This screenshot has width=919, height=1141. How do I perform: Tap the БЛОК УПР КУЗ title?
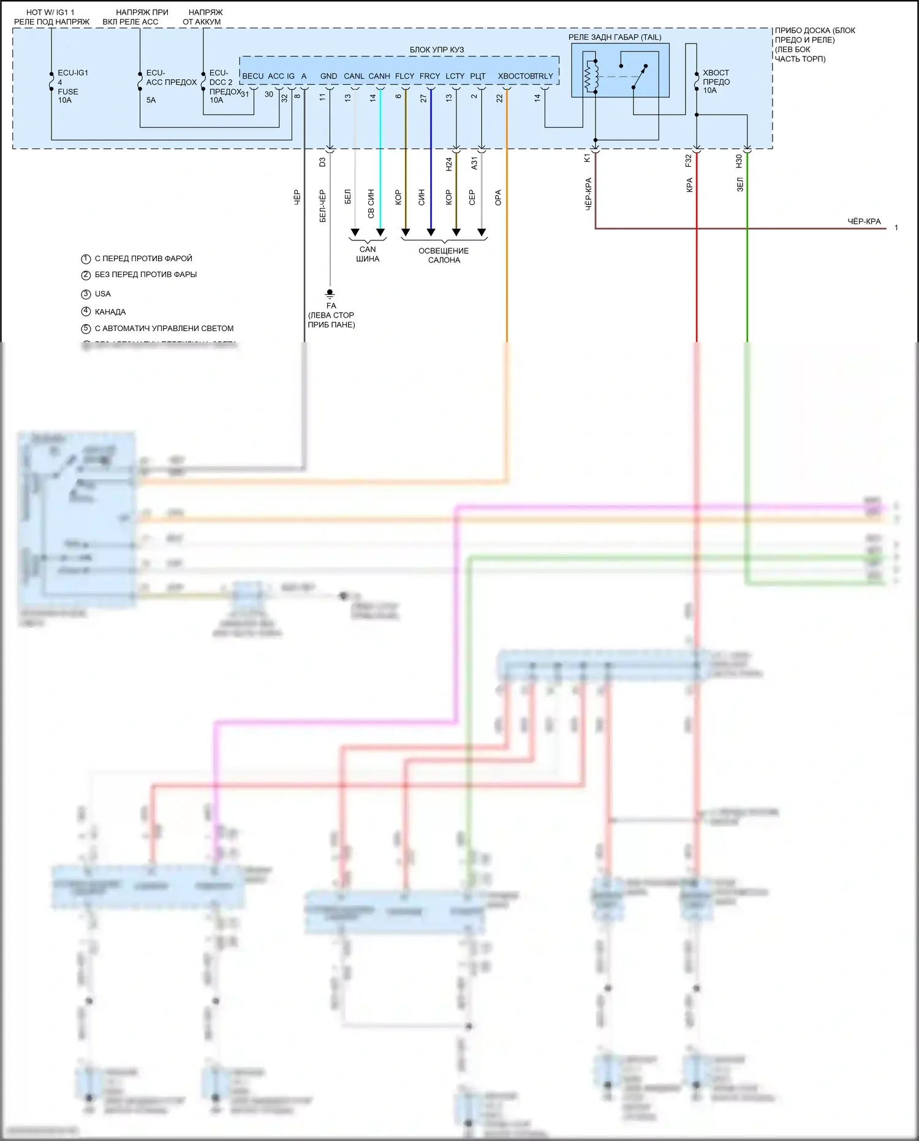point(436,50)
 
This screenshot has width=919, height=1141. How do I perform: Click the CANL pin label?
point(354,76)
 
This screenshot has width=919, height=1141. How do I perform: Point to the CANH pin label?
point(379,76)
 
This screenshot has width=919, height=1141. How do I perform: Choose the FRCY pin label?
point(429,76)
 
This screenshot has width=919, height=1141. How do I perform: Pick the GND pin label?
point(328,76)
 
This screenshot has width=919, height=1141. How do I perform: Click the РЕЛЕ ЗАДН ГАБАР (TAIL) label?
point(615,37)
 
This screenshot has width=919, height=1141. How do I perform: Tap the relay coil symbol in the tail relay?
point(591,77)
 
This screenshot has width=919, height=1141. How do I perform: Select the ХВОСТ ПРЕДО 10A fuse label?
point(716,82)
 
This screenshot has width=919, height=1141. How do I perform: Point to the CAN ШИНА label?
point(368,254)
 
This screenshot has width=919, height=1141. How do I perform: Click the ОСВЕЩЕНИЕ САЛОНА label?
point(444,255)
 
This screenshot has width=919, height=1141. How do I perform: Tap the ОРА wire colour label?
point(498,197)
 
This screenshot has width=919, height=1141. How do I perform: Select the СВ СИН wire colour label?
point(371,204)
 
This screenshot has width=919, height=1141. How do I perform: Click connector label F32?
point(688,161)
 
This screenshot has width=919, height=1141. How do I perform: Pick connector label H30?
point(739,161)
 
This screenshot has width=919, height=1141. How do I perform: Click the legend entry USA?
point(103,294)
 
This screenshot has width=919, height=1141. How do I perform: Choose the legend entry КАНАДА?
point(110,311)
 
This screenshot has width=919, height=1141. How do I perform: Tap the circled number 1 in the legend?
point(86,259)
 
